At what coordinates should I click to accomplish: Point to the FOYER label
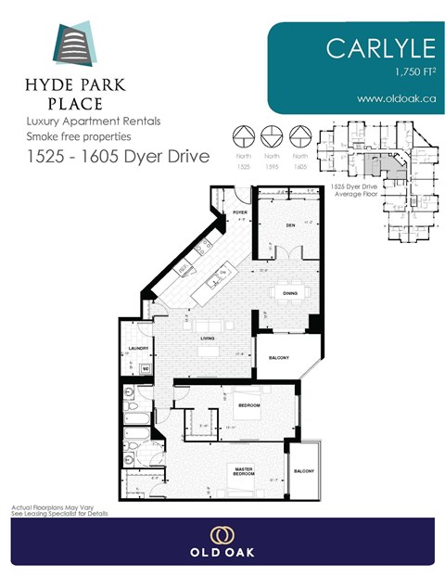pos(240,212)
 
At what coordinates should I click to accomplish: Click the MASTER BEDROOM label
pos(244,474)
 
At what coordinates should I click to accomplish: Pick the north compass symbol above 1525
pos(244,136)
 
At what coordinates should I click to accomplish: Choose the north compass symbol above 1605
pos(299,136)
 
